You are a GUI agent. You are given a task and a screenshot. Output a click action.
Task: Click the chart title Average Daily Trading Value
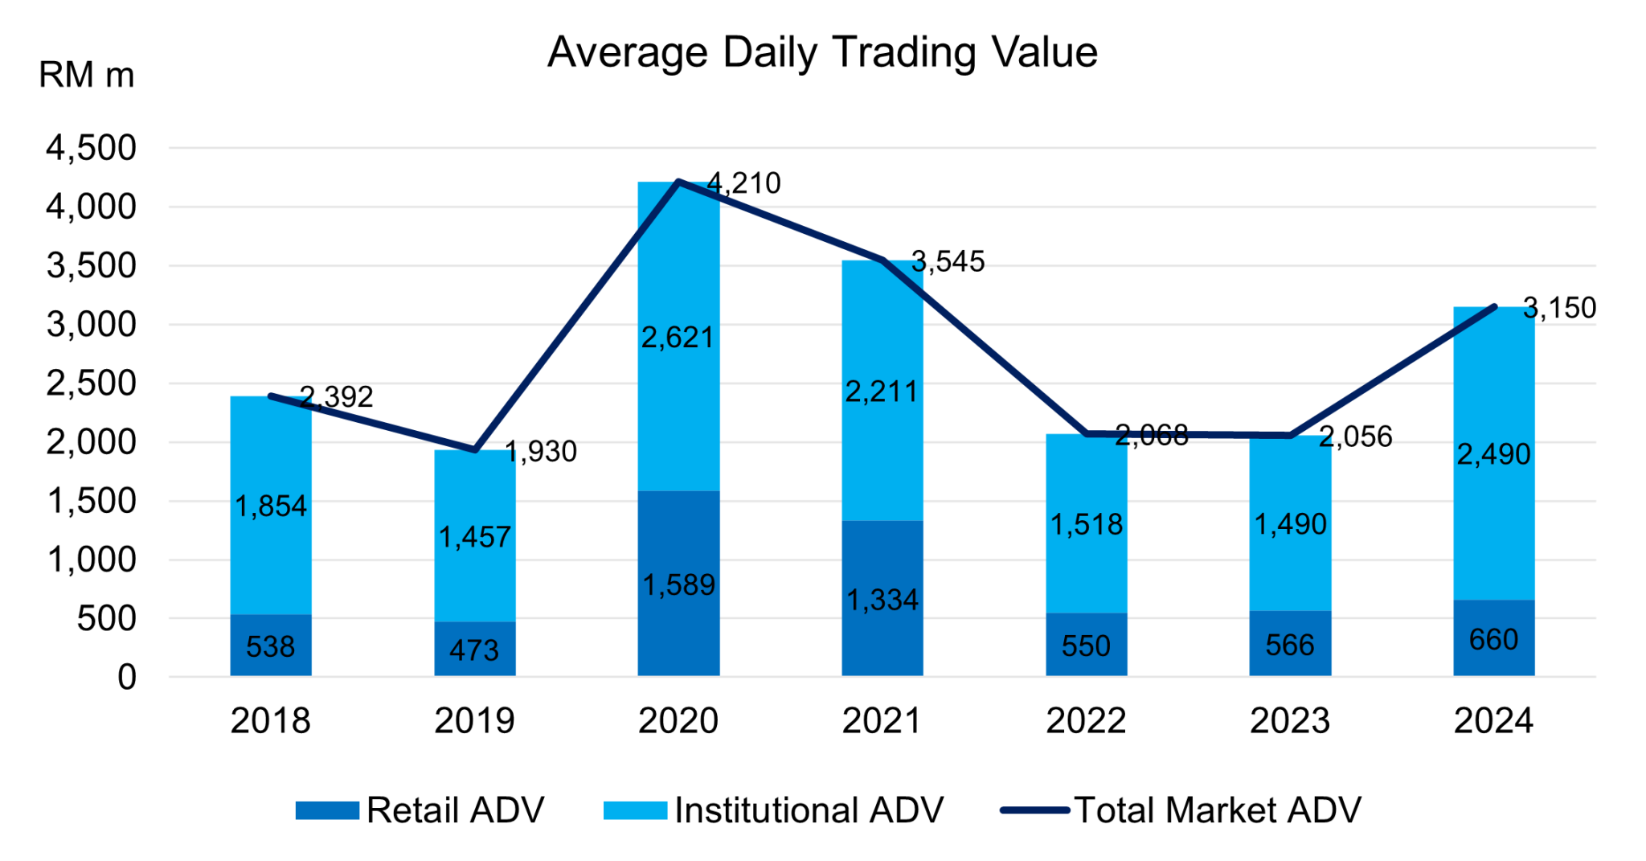(x=822, y=53)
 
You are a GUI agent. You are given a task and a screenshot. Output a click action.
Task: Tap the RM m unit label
(x=86, y=76)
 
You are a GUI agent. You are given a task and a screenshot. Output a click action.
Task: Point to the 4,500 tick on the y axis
(x=91, y=149)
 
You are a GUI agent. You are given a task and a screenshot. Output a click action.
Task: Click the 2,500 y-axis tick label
(x=91, y=383)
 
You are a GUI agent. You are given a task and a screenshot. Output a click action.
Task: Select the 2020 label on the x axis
(x=678, y=720)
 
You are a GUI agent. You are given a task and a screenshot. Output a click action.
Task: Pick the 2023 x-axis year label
(x=1289, y=720)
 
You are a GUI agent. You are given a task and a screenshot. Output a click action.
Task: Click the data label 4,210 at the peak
(x=743, y=183)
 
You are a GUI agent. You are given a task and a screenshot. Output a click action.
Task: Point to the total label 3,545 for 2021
(x=948, y=262)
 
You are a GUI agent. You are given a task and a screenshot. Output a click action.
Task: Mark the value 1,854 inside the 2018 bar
(x=271, y=506)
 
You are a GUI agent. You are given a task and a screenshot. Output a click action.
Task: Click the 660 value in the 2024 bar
(x=1493, y=640)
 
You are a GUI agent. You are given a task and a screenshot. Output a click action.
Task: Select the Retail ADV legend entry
(x=420, y=810)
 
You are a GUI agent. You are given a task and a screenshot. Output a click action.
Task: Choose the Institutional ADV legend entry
(x=774, y=810)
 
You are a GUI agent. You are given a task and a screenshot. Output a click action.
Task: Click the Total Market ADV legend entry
(x=1181, y=810)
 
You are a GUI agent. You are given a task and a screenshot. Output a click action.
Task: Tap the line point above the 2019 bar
(x=475, y=450)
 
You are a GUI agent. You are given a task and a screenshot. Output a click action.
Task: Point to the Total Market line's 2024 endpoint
(x=1494, y=306)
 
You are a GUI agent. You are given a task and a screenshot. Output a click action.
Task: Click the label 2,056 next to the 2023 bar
(x=1355, y=437)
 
